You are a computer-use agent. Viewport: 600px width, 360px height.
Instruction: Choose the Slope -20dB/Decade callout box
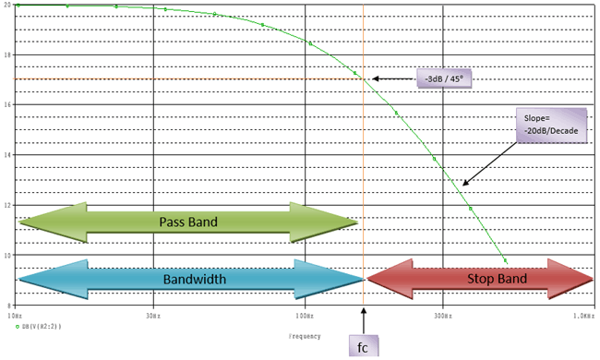551,126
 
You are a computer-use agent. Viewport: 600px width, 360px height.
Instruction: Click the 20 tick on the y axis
8,5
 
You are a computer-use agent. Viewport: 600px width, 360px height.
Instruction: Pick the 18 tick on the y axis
8,54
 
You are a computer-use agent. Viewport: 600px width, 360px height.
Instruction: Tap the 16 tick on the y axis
8,104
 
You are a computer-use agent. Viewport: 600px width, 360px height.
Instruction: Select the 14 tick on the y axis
8,154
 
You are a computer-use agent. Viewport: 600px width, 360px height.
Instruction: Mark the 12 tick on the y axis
8,204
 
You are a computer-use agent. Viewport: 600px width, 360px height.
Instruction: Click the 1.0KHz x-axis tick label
582,316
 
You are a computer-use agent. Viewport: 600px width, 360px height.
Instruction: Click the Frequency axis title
304,335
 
